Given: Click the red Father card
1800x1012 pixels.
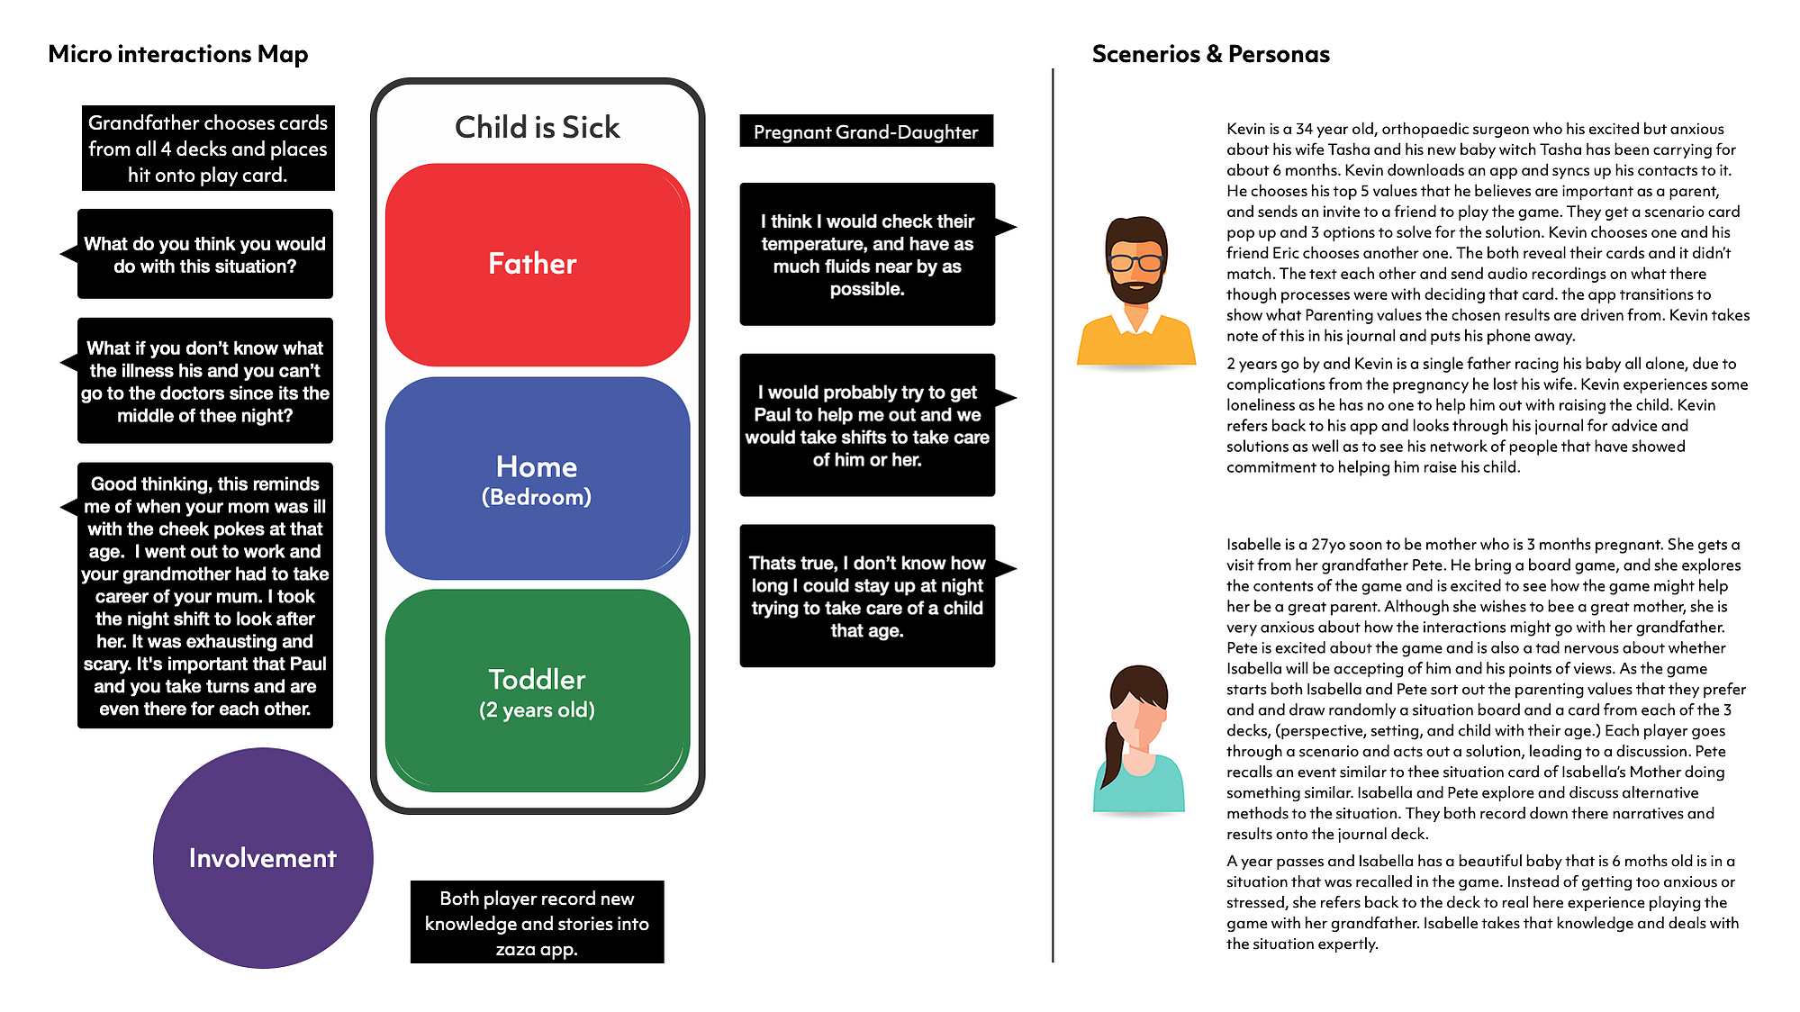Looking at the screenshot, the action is click(538, 264).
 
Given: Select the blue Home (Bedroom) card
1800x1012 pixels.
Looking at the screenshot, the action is click(538, 478).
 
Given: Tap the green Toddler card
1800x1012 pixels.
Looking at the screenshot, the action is click(538, 691).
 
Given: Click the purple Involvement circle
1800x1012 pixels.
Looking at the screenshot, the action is click(263, 858).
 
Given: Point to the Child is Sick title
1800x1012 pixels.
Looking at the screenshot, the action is click(538, 128).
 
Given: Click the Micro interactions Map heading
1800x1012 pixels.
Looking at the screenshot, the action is click(178, 55).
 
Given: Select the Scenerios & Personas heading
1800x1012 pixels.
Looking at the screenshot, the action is click(1211, 54).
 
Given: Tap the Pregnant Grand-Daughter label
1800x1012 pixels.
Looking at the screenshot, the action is click(866, 131).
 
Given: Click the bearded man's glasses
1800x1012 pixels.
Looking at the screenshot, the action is click(1135, 263).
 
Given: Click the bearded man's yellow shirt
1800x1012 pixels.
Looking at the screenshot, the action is click(1136, 339).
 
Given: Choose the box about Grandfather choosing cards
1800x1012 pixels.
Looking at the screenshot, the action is click(208, 149).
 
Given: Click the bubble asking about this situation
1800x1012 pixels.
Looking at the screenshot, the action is click(204, 254).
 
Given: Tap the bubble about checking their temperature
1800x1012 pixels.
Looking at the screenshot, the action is click(867, 254).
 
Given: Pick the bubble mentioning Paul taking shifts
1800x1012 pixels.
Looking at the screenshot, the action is click(867, 425).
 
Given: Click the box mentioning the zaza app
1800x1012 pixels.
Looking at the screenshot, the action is click(537, 923).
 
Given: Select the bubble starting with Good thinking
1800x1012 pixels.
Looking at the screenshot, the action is click(204, 595).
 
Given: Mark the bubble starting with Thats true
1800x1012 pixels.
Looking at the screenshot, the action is click(867, 596).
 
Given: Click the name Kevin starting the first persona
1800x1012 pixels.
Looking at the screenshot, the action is click(1245, 129).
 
